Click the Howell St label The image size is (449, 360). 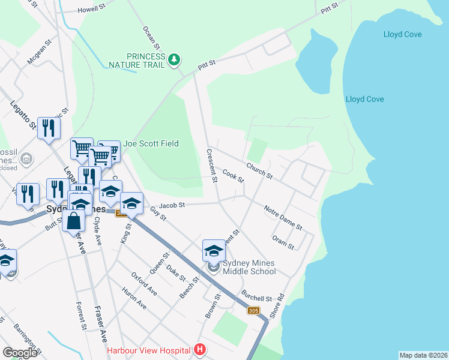92,10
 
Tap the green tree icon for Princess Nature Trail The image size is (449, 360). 174,59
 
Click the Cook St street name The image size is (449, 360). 233,176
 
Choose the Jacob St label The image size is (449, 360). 172,205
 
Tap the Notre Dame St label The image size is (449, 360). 283,217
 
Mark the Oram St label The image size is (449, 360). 283,242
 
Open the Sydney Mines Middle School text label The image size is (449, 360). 249,267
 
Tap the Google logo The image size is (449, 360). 20,353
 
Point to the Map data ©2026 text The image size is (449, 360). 423,355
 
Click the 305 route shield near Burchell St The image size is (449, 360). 253,310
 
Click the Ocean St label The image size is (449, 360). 152,37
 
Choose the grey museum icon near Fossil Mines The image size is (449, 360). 26,159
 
